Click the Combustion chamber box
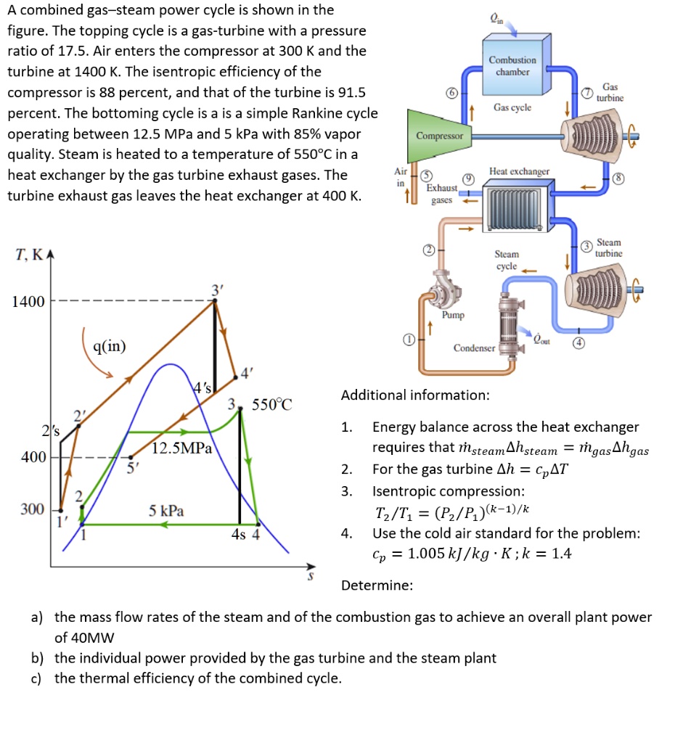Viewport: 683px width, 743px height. point(512,65)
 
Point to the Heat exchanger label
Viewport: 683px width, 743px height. point(519,171)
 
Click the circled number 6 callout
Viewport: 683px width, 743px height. point(451,96)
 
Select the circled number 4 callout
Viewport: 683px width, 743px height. point(578,344)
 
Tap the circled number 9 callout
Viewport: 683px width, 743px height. point(469,178)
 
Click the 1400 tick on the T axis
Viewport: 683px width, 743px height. point(28,301)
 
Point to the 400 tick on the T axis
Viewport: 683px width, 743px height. point(33,457)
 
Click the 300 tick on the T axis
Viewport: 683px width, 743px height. point(33,509)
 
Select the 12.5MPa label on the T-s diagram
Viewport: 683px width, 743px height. point(182,448)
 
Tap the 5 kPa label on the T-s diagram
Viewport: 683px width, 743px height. point(166,511)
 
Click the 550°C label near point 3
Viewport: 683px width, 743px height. point(271,405)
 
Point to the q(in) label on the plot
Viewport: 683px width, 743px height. point(110,346)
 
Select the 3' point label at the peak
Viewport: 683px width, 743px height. point(216,290)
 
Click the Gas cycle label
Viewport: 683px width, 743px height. point(512,107)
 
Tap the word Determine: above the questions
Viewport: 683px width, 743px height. point(377,585)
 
